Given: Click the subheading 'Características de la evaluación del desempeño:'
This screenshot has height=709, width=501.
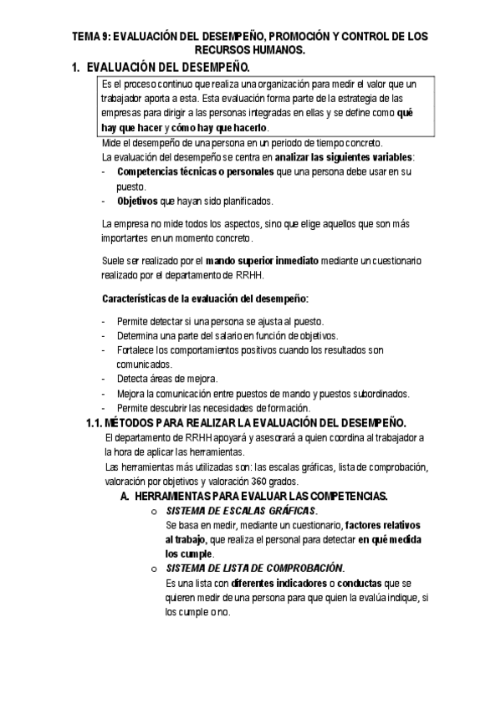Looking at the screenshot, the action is [x=205, y=298].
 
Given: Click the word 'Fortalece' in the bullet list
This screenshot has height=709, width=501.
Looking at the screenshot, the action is [x=136, y=350].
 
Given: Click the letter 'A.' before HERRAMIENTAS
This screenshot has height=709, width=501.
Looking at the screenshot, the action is [x=125, y=496].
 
